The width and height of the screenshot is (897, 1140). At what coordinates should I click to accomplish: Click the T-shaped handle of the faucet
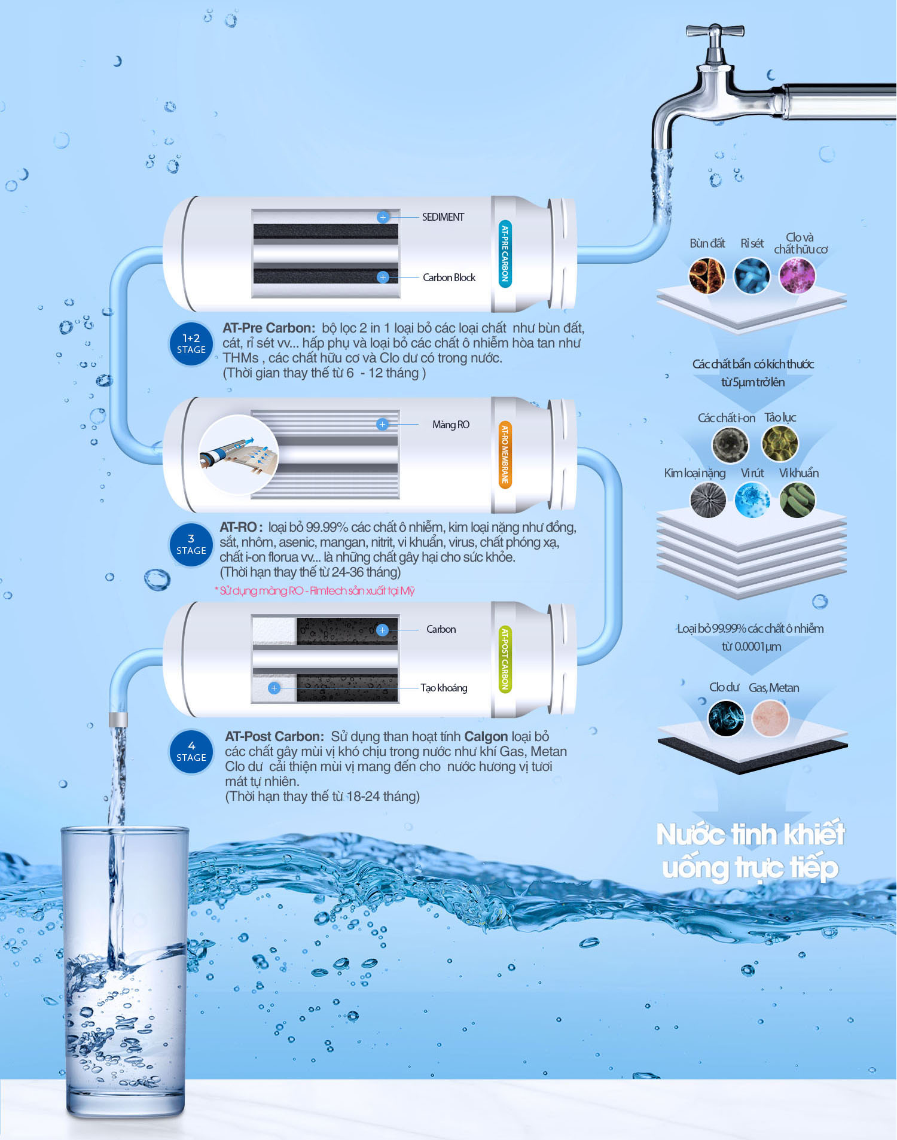click(715, 31)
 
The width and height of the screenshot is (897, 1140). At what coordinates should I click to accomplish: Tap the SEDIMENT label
click(443, 217)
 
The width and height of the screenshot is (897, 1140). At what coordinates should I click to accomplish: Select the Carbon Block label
click(449, 278)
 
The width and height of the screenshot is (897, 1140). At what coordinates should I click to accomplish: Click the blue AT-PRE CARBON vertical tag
click(505, 253)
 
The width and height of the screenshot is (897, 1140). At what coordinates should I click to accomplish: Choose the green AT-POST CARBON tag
click(505, 659)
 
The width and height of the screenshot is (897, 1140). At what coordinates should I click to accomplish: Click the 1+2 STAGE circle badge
click(191, 343)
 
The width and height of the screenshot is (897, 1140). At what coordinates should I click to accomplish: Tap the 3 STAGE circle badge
click(191, 544)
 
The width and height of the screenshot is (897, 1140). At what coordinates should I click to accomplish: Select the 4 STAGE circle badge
click(191, 751)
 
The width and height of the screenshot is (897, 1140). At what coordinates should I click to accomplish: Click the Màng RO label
click(451, 425)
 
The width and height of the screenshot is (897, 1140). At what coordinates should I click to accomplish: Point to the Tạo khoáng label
click(444, 688)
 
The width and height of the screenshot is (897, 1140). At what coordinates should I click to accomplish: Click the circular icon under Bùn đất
click(707, 276)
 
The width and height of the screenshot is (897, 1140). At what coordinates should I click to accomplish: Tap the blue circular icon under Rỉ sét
click(752, 276)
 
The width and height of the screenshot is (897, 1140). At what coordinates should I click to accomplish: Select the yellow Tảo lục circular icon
click(780, 443)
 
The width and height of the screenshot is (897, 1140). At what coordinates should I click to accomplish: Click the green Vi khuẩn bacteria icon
click(797, 499)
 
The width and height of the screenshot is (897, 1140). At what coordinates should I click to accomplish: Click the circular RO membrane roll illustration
click(239, 455)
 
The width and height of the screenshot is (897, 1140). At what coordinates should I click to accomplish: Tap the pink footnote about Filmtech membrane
click(315, 591)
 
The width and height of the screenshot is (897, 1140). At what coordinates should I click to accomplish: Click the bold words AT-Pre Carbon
click(269, 328)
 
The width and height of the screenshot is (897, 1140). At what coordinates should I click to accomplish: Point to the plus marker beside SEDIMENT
click(383, 217)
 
